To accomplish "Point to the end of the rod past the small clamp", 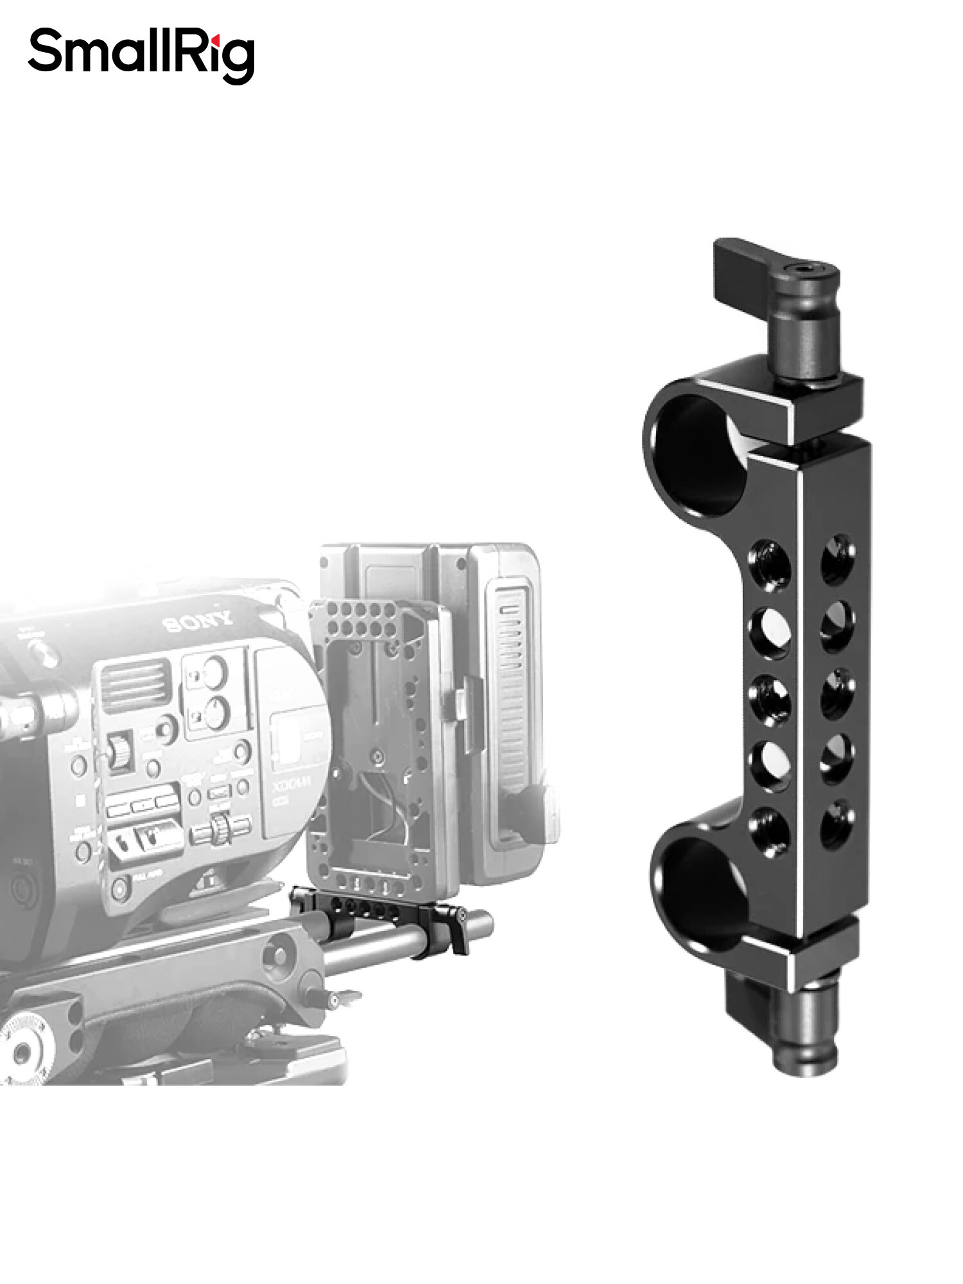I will [485, 925].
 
